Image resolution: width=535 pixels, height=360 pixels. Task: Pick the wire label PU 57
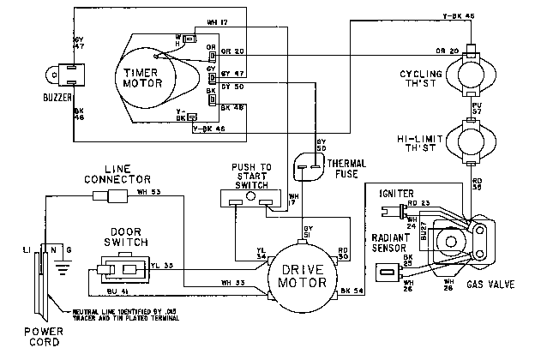tap(478, 108)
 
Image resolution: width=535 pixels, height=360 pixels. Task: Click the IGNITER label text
tap(396, 194)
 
